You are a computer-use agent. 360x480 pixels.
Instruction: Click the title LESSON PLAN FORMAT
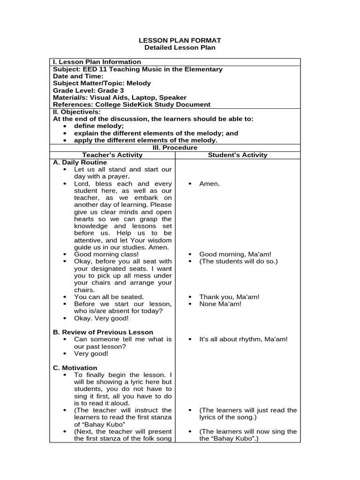[x=180, y=41]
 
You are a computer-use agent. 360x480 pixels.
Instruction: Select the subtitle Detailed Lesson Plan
[x=180, y=48]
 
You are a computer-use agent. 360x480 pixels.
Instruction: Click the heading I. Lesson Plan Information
[x=97, y=62]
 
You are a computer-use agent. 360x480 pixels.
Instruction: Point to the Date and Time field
[x=78, y=76]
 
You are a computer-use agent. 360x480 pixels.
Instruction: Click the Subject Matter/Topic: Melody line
[x=102, y=83]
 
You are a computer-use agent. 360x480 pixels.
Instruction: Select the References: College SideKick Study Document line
[x=132, y=105]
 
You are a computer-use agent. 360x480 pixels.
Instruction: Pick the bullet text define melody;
[x=99, y=126]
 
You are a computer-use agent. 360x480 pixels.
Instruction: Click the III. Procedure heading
[x=175, y=148]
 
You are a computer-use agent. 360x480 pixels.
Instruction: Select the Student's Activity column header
[x=238, y=155]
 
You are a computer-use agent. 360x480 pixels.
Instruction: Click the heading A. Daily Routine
[x=80, y=162]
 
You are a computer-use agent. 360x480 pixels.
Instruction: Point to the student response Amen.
[x=210, y=184]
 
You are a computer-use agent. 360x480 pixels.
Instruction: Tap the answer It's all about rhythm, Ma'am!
[x=243, y=339]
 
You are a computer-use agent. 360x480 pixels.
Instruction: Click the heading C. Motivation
[x=75, y=367]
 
